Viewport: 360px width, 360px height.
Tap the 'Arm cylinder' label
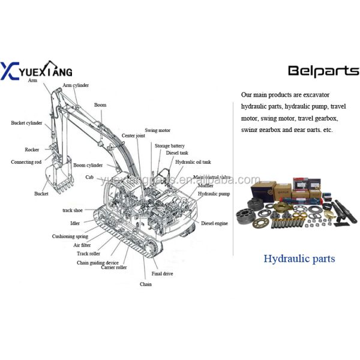[x=76, y=85]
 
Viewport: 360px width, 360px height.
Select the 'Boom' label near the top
[x=100, y=105]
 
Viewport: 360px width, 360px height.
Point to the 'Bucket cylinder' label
[x=26, y=123]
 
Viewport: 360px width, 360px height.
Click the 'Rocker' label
[x=32, y=149]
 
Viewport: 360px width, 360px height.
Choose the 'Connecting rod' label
[x=26, y=162]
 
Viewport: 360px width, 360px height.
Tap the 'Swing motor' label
[x=157, y=130]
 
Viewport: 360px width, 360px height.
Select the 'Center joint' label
[x=133, y=136]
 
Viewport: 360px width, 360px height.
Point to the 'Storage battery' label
[x=170, y=146]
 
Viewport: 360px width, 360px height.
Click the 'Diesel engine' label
[x=214, y=223]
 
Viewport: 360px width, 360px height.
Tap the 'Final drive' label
[x=162, y=274]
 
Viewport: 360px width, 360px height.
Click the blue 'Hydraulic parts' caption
[x=299, y=259]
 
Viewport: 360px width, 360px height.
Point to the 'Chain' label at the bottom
[x=146, y=284]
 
